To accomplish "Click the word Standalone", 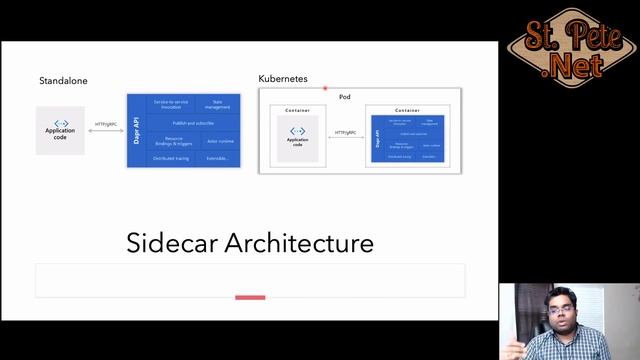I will [61, 80].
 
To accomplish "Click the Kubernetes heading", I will [283, 78].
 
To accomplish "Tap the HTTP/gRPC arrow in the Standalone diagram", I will [106, 131].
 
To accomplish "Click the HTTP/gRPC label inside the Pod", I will [345, 132].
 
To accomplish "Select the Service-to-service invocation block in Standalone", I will [166, 104].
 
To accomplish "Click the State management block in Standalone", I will [218, 104].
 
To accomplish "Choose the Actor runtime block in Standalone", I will [219, 141].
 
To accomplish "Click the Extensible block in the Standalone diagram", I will [219, 158].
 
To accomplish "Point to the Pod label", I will [344, 96].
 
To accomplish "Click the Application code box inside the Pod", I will [297, 138].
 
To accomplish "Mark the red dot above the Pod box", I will [325, 88].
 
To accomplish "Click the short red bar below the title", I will [250, 297].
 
